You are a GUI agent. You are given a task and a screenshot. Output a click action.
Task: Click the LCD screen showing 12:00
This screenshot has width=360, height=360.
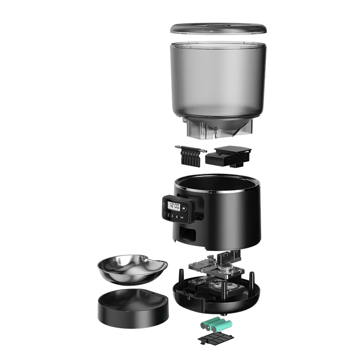click(x=175, y=206)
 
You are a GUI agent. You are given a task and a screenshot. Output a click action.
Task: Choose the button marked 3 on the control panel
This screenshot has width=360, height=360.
click(x=172, y=216)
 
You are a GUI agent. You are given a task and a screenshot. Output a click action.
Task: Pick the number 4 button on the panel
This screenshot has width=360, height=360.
click(x=177, y=217)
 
